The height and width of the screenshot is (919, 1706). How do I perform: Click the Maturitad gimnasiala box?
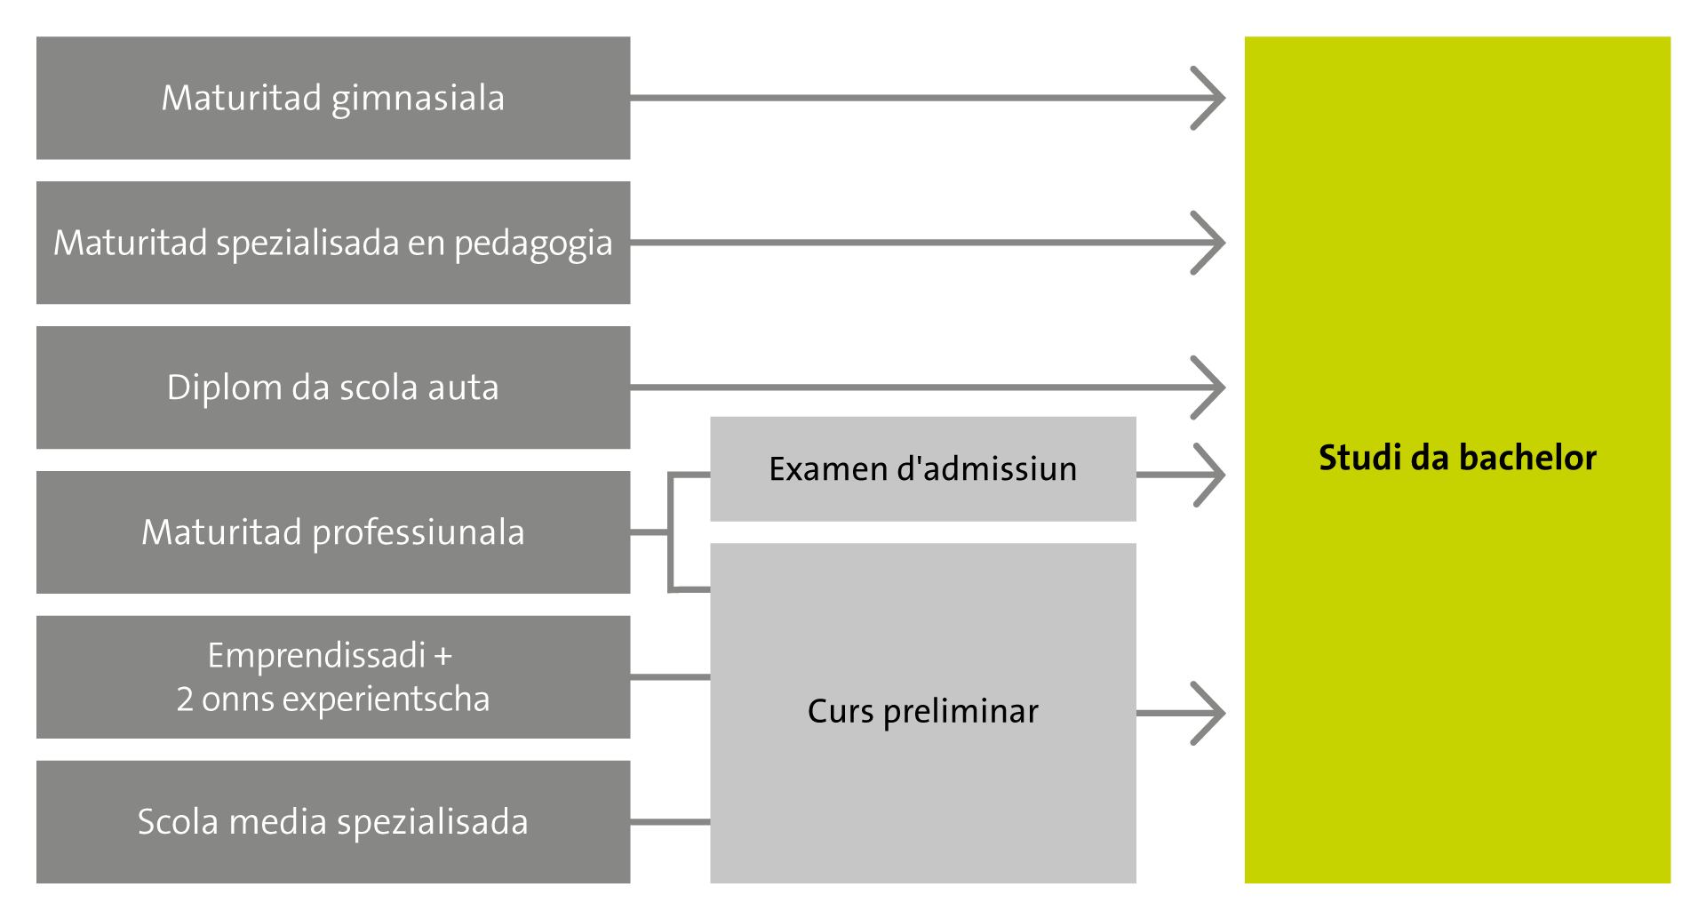333,98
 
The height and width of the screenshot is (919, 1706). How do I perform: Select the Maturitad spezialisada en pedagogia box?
333,243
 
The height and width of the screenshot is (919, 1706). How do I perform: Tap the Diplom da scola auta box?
333,388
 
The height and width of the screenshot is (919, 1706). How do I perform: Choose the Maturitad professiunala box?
333,532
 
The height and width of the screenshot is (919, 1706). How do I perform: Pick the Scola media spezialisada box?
333,821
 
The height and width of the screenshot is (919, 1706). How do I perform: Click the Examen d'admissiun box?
922,468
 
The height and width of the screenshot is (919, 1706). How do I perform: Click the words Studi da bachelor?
1457,458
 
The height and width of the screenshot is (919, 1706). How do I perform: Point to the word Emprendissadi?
316,656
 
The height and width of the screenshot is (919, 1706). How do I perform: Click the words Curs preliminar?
922,712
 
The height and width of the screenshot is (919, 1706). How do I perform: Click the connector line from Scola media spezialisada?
670,822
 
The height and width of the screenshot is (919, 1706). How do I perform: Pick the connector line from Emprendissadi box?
670,677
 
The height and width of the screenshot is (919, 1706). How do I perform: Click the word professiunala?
419,533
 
